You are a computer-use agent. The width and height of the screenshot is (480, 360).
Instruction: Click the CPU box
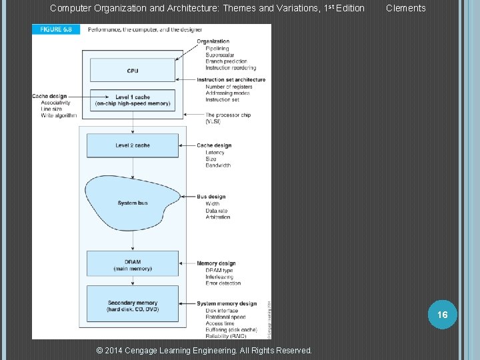click(133, 71)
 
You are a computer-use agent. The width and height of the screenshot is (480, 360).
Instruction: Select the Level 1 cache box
click(133, 101)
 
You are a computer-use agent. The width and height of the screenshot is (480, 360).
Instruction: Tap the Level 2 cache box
click(133, 145)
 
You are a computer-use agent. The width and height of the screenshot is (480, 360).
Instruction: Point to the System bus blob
click(133, 203)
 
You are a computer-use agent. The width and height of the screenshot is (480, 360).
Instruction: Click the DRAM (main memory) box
click(133, 263)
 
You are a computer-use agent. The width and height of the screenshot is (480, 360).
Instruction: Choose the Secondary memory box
click(133, 306)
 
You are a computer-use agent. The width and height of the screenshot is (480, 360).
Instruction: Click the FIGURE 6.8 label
click(56, 30)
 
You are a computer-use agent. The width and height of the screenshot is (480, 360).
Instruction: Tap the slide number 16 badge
click(443, 314)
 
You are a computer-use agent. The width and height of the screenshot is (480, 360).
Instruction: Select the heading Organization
click(213, 42)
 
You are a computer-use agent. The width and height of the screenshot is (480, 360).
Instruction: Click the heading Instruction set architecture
click(231, 80)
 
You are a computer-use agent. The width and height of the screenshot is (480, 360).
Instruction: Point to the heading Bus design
click(211, 197)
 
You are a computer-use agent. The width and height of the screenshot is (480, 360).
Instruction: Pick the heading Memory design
click(216, 263)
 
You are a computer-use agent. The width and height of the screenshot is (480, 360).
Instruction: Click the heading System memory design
click(227, 304)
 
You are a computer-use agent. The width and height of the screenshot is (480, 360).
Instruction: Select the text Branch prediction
click(226, 61)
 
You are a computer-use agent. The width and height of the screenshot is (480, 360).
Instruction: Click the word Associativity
click(56, 103)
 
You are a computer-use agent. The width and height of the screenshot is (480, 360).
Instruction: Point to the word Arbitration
click(219, 217)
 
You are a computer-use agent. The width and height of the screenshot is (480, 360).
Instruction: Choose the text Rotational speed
click(225, 317)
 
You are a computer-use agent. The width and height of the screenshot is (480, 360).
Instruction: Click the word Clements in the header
click(405, 8)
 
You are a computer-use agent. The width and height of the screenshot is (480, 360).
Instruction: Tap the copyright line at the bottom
click(204, 350)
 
